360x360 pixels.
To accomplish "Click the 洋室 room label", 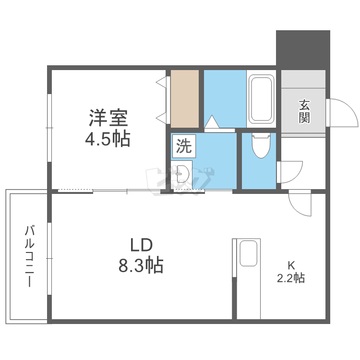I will tap(108, 118).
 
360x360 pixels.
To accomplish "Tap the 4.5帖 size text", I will tap(108, 139).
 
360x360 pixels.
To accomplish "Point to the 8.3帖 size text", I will tap(141, 265).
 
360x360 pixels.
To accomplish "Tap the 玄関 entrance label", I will tap(304, 111).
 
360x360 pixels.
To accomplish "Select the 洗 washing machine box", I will tap(183, 146).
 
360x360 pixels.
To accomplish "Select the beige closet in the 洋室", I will tap(185, 98).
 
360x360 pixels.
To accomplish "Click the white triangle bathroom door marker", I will tap(212, 122).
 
